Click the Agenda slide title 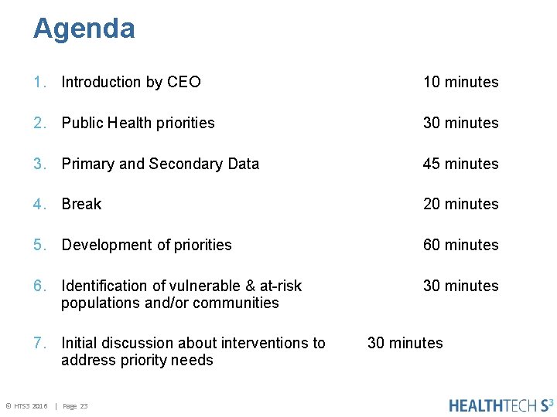[84, 29]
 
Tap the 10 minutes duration [460, 82]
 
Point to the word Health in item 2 [129, 123]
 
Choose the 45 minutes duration [460, 164]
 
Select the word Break [81, 204]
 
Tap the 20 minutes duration [460, 204]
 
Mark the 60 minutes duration [460, 245]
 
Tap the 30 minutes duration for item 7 [405, 343]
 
